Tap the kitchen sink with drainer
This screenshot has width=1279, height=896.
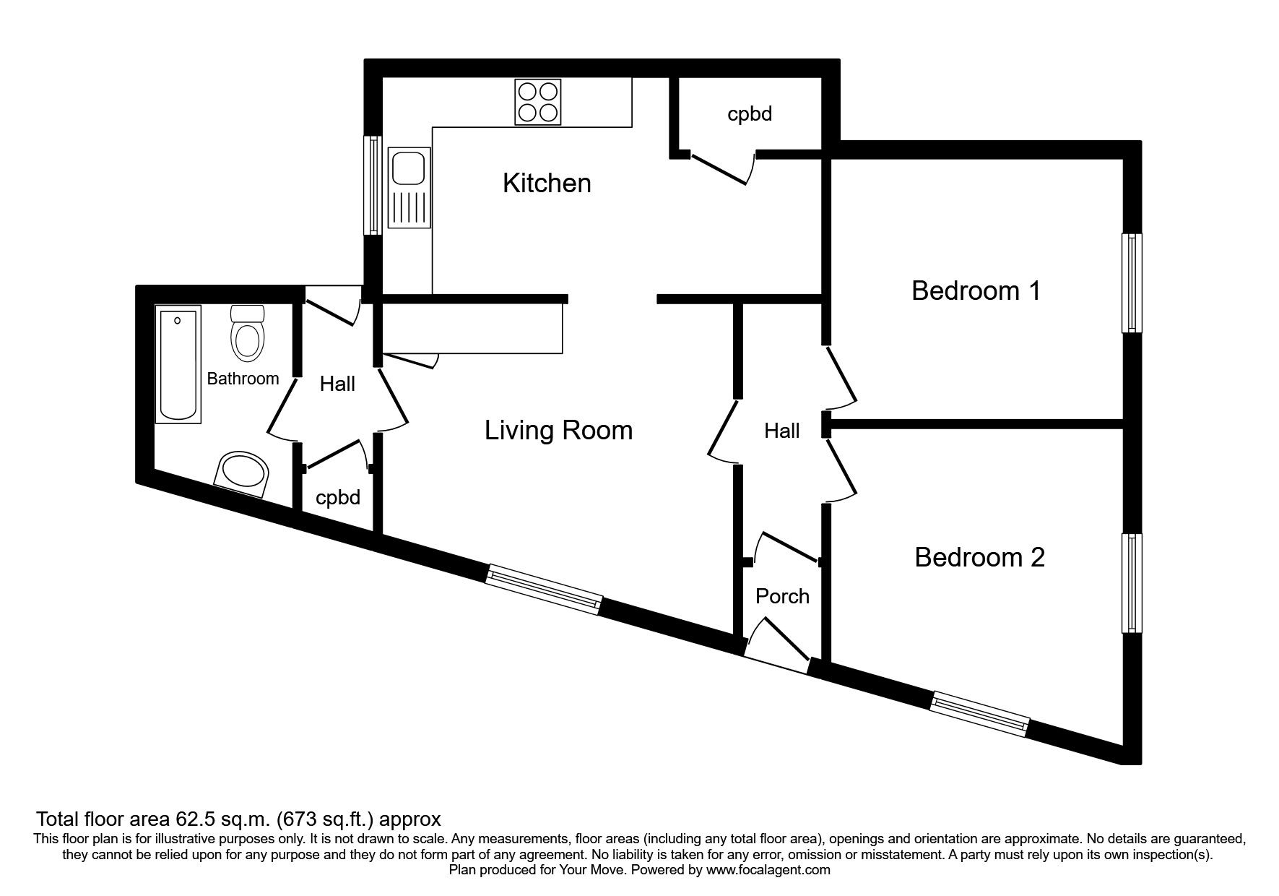point(409,188)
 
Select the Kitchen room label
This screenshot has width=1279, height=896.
point(547,184)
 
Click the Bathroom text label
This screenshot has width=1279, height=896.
point(243,379)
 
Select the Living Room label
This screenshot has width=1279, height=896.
point(558,431)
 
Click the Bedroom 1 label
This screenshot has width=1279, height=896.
point(976,291)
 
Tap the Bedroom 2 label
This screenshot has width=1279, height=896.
point(979,558)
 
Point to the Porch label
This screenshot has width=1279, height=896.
point(782,597)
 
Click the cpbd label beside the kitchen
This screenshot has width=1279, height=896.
point(750,114)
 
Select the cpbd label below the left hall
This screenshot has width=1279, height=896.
point(338,498)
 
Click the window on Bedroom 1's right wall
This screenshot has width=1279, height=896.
point(1132,283)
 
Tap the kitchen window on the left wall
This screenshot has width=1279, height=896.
point(373,186)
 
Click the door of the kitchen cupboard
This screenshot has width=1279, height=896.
point(719,169)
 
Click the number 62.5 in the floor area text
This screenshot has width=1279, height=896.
point(196,819)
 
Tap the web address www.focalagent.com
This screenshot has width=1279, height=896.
point(768,870)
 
